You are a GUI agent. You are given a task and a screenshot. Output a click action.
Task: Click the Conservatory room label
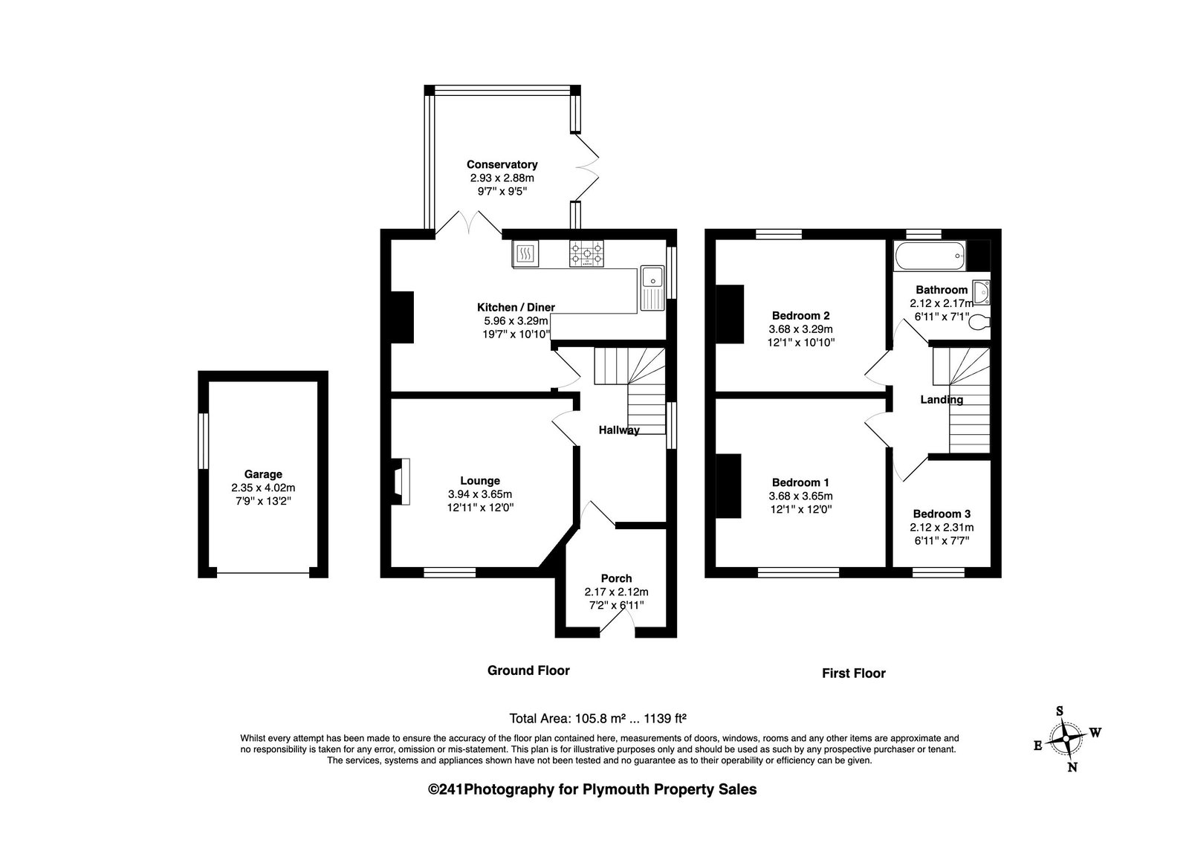point(502,164)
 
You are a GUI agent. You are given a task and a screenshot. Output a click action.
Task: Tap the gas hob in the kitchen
point(586,253)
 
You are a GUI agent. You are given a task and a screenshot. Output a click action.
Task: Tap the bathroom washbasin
point(982,293)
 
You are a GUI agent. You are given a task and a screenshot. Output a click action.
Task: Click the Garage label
point(263,474)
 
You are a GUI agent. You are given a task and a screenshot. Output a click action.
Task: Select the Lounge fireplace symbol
point(401,482)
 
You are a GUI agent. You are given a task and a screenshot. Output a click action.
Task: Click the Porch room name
point(616,578)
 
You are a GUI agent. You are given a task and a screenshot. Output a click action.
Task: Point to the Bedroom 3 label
point(942,514)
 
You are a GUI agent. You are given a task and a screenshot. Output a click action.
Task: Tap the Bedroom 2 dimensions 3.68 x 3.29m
point(800,329)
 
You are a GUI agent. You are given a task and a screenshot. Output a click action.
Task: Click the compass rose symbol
point(1066,739)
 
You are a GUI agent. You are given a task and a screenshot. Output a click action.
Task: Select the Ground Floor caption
point(528,670)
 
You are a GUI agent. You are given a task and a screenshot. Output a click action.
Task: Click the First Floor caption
point(854,673)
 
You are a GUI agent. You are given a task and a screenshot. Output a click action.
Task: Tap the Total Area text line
point(597,719)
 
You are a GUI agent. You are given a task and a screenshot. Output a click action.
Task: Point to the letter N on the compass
point(1072,767)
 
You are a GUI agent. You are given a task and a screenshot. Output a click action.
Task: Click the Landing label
point(942,399)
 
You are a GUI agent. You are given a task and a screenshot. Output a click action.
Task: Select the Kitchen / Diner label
point(516,307)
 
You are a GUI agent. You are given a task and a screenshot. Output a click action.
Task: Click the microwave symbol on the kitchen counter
point(525,253)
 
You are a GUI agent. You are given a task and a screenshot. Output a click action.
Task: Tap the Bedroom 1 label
point(800,482)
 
